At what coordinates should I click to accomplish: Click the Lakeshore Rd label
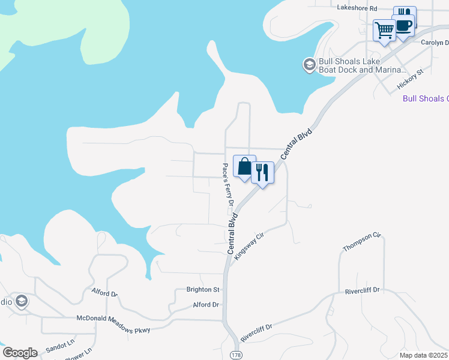[x=357, y=8]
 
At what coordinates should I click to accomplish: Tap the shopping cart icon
[x=384, y=29]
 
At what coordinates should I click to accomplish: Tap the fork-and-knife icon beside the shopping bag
[x=262, y=172]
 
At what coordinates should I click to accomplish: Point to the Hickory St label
[x=411, y=79]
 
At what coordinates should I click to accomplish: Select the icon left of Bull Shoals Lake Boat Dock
[x=309, y=65]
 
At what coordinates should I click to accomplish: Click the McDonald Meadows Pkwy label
[x=113, y=324]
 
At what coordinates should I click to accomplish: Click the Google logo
[x=20, y=353]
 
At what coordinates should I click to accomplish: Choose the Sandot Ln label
[x=60, y=344]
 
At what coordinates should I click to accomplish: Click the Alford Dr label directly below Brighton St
[x=206, y=305]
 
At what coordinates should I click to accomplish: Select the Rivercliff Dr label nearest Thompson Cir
[x=363, y=290]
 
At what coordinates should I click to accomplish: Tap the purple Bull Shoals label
[x=425, y=99]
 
